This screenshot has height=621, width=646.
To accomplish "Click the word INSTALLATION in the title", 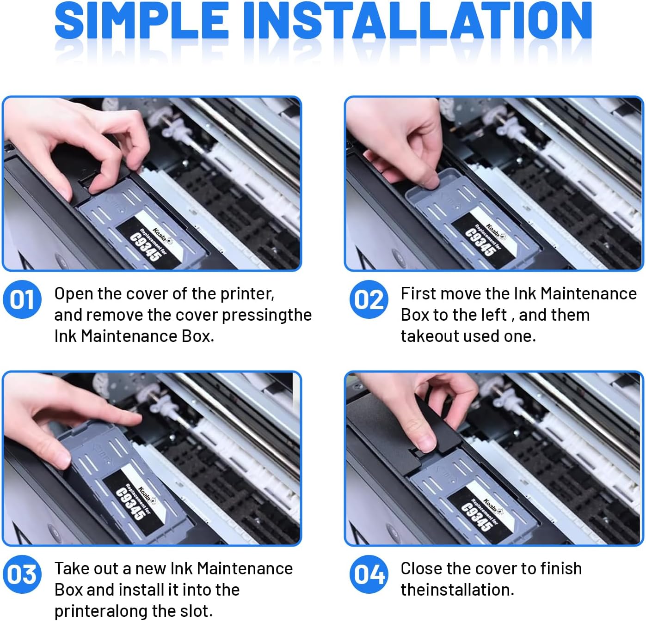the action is [x=418, y=21].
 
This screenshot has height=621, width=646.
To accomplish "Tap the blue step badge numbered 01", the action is [x=22, y=299].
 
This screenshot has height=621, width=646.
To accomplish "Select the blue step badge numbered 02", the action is [x=369, y=299].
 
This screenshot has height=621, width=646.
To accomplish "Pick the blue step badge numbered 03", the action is [x=22, y=574].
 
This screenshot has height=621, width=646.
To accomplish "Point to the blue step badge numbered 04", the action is [x=369, y=574].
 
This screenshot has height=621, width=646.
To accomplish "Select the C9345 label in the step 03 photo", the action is [x=131, y=504].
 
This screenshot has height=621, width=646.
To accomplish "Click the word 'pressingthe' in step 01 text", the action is [x=267, y=316].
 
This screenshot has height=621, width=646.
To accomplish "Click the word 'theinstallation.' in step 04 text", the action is [x=457, y=590].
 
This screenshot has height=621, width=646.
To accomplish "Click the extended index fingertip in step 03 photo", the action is [x=135, y=420].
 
